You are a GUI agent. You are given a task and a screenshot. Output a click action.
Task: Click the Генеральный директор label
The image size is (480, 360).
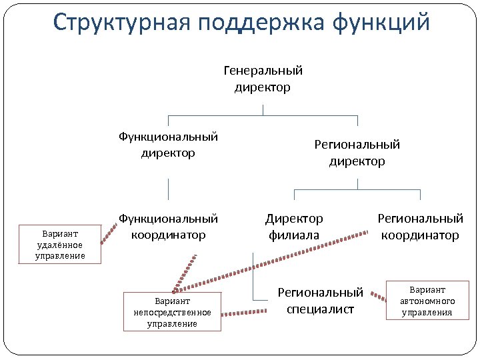pyautogui.click(x=263, y=79)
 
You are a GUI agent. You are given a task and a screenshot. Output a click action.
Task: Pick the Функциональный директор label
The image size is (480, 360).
pyautogui.click(x=168, y=145)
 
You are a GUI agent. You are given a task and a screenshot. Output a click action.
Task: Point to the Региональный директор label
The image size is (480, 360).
pyautogui.click(x=357, y=153)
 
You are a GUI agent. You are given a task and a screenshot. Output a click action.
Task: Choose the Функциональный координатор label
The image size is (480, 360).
pyautogui.click(x=168, y=227)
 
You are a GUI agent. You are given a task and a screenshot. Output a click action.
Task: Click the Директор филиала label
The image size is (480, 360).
pyautogui.click(x=294, y=227)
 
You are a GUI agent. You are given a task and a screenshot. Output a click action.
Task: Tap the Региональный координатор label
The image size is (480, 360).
pyautogui.click(x=420, y=227)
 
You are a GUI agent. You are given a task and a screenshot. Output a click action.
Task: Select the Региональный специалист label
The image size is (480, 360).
pyautogui.click(x=320, y=301)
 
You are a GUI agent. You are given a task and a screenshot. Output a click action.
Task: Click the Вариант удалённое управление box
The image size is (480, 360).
pyautogui.click(x=60, y=245)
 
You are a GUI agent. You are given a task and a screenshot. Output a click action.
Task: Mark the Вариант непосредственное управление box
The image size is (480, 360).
pyautogui.click(x=173, y=312)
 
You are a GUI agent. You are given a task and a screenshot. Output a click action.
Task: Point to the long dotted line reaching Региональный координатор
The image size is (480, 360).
pyautogui.click(x=280, y=261)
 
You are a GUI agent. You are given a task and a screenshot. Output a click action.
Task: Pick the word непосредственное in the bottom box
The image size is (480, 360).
pyautogui.click(x=173, y=312)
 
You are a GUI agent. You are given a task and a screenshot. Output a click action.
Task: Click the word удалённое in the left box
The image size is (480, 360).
pyautogui.click(x=60, y=245)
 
